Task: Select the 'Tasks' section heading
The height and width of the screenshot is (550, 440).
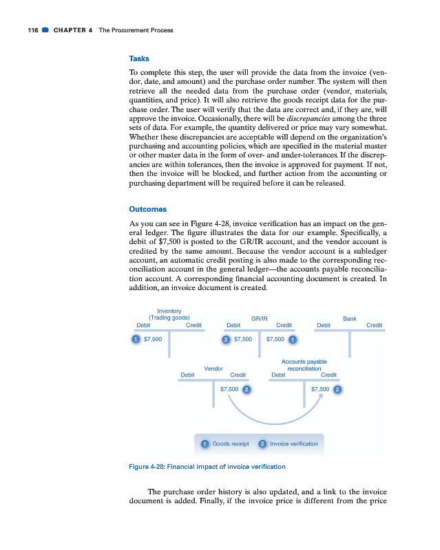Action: (139, 58)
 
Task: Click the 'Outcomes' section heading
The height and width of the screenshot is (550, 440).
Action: (147, 209)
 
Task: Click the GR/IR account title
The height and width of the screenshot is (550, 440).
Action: (260, 319)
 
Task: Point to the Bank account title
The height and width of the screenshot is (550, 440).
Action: (349, 319)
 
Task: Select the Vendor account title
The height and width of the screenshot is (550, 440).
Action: (213, 368)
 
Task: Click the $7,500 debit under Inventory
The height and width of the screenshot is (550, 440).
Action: (152, 339)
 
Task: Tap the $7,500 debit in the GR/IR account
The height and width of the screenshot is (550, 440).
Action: (244, 339)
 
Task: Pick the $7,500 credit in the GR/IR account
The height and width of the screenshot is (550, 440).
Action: (275, 339)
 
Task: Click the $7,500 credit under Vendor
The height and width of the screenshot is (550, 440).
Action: (229, 389)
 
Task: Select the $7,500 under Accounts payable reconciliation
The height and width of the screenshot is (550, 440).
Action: (321, 389)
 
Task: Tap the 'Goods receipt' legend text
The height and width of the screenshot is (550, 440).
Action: (231, 444)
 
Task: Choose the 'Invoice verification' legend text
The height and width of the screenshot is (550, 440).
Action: (295, 444)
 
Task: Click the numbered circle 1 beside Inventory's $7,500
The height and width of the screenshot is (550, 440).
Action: (136, 339)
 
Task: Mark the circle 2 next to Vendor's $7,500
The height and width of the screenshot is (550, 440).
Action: (246, 389)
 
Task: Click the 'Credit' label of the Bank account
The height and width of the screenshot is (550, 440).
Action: (375, 325)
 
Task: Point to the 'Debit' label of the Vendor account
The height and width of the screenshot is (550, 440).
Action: (187, 375)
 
